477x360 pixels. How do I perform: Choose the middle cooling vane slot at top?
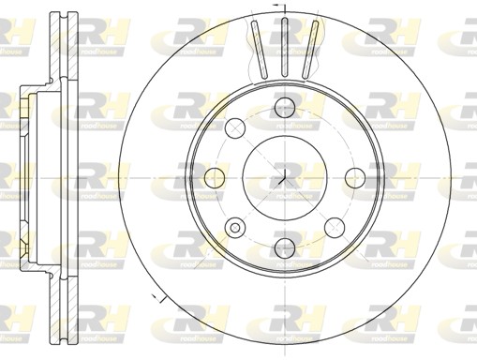point(282,45)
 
